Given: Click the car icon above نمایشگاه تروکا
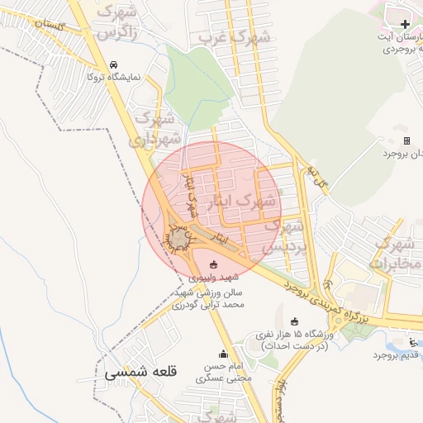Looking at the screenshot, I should (x=114, y=64).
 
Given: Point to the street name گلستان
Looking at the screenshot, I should (x=49, y=26).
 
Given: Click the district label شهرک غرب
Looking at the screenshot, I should (x=235, y=37).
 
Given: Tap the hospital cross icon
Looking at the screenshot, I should (x=404, y=24).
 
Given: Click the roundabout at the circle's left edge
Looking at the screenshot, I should (x=179, y=240).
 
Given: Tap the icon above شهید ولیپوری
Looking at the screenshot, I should (x=215, y=265).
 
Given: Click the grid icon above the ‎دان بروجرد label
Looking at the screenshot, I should (x=406, y=141).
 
